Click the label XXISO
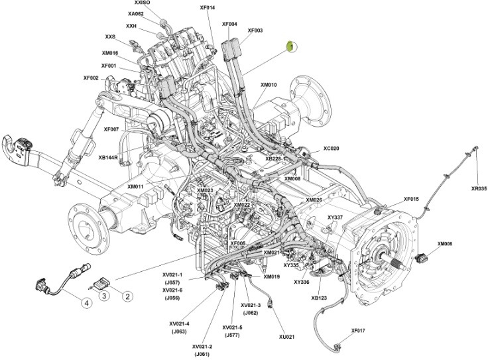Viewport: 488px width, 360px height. click(143, 3)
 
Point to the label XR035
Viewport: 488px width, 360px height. click(479, 188)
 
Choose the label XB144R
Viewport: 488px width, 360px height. click(108, 158)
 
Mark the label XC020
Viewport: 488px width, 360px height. click(331, 149)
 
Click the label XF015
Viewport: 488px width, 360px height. click(411, 199)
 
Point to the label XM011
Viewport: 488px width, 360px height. click(136, 187)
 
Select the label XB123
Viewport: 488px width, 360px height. click(319, 298)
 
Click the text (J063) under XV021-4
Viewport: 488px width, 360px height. click(179, 331)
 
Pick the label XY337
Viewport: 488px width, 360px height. click(335, 217)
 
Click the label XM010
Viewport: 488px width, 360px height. click(269, 85)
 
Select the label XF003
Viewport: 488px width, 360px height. click(255, 30)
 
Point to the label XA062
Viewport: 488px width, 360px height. click(135, 13)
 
